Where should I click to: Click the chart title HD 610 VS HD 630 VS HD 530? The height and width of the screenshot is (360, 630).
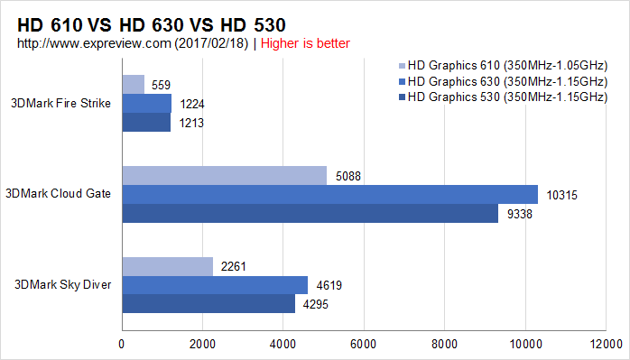pos(152,25)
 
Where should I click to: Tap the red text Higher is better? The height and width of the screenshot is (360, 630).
pos(305,43)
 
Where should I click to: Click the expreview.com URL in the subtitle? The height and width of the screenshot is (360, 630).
pos(94,44)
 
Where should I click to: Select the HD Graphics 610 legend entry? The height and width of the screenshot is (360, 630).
pos(503,65)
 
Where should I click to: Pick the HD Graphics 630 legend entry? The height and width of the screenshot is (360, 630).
pos(503,81)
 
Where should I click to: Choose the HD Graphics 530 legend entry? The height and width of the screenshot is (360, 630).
pos(503,97)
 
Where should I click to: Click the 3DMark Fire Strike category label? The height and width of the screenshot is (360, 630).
pos(60,103)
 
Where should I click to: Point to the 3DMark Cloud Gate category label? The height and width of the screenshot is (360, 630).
pos(59,194)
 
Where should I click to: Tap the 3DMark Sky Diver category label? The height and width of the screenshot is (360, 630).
pos(62,284)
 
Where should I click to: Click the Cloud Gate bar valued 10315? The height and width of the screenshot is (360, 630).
pos(329,195)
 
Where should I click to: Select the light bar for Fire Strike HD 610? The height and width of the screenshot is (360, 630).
pos(134,85)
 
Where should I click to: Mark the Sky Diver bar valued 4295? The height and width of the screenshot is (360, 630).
pos(208,303)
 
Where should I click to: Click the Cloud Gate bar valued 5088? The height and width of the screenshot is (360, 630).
pos(225,176)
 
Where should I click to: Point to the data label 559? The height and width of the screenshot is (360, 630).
pos(162,85)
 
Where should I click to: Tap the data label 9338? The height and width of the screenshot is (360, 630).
pos(520,214)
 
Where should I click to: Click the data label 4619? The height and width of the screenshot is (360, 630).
pos(329,285)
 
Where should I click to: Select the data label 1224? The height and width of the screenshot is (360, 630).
pos(192,104)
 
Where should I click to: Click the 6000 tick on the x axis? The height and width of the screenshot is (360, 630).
pos(364,345)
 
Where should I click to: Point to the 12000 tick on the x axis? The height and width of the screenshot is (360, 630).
pos(606,345)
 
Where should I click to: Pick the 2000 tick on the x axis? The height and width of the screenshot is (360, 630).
pos(202,345)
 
